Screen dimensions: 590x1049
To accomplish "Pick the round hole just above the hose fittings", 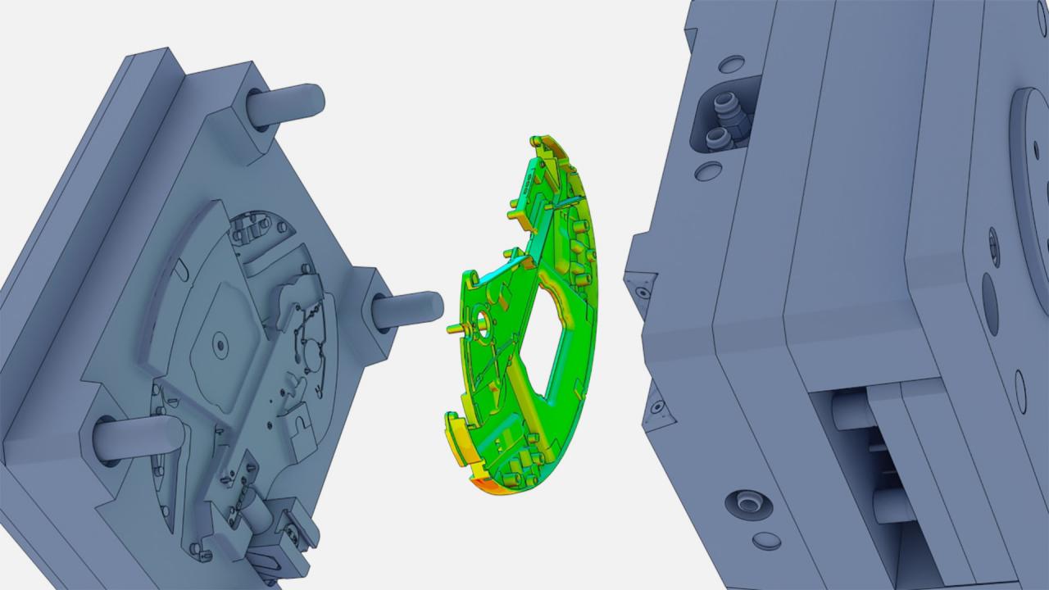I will click(731, 64).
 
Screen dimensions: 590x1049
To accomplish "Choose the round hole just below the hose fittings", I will click(708, 171).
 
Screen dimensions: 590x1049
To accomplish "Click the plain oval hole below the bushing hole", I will click(766, 541).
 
